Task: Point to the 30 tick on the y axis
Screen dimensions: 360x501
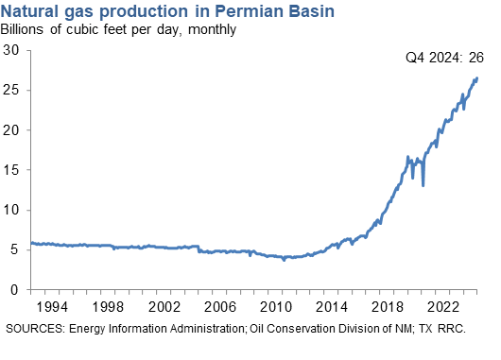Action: pos(13,51)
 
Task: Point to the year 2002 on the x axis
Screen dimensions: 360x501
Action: pos(167,308)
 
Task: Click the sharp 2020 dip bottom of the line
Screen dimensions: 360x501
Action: pos(423,185)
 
